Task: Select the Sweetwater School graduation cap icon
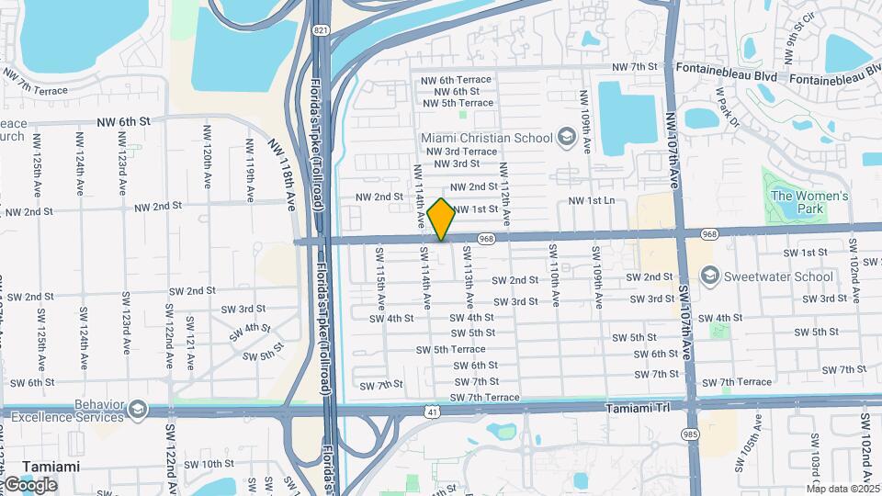[x=709, y=276]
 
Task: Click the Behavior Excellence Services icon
[x=138, y=409]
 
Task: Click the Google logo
[x=30, y=484]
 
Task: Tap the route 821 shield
[x=320, y=30]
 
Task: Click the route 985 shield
[x=689, y=433]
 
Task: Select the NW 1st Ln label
[x=592, y=200]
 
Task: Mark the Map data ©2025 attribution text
[x=843, y=489]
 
